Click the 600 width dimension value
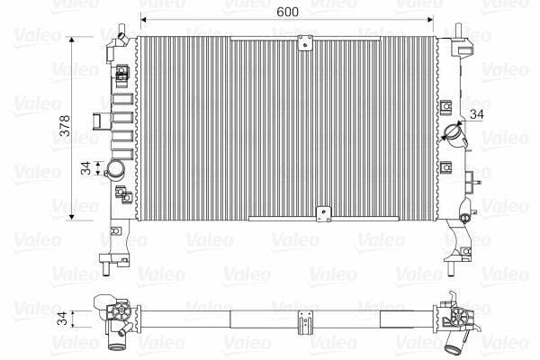point(288,12)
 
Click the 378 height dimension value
point(65,125)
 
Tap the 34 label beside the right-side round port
point(477,114)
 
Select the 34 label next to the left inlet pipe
point(85,168)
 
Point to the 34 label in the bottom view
point(62,319)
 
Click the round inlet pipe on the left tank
point(115,169)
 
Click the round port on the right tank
point(454,131)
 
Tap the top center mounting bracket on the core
point(305,42)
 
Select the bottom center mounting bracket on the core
point(323,214)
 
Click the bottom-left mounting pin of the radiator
point(106,269)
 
